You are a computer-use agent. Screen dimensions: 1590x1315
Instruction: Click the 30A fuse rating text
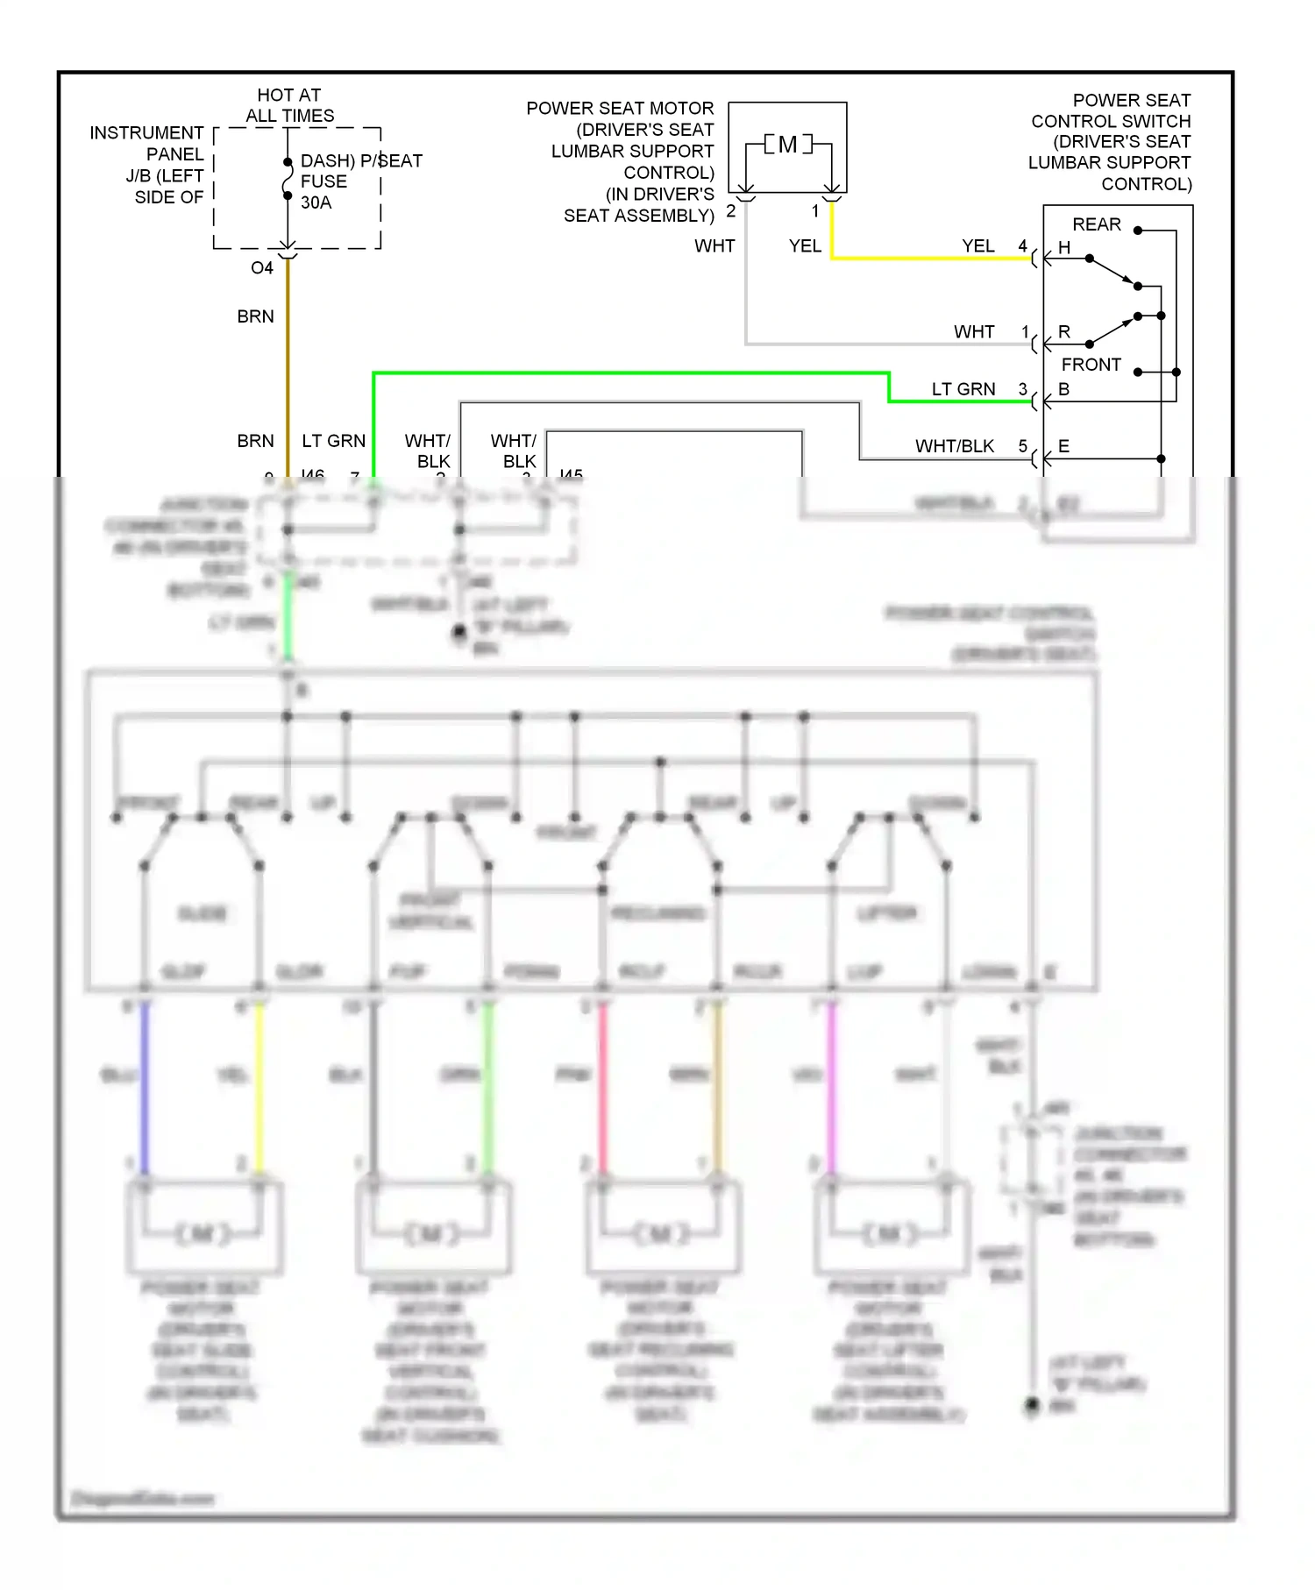(x=316, y=202)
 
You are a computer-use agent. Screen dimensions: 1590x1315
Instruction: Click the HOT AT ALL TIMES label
(x=289, y=105)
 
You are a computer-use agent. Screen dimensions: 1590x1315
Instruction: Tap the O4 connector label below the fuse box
(x=261, y=268)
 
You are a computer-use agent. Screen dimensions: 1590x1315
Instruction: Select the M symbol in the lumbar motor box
(x=787, y=145)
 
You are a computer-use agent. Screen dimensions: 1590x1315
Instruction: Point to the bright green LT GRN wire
(x=631, y=374)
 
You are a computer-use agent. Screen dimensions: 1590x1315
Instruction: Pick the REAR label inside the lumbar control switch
(x=1096, y=224)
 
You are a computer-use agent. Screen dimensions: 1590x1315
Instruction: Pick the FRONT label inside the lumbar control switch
(x=1091, y=365)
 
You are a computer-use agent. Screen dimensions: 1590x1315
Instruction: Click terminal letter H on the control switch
(x=1064, y=248)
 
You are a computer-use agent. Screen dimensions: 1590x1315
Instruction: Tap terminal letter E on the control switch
(x=1063, y=446)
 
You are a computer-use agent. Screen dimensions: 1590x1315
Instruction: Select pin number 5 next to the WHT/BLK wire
(x=1022, y=446)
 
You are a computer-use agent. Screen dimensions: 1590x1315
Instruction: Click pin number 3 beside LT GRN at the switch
(x=1022, y=389)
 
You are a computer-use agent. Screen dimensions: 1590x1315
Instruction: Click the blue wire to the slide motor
(x=145, y=1087)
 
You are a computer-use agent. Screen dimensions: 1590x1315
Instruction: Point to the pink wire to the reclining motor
(x=603, y=1087)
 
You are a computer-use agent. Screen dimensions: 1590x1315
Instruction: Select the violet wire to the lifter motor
(x=832, y=1087)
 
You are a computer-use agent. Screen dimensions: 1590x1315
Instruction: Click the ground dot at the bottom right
(x=1033, y=1405)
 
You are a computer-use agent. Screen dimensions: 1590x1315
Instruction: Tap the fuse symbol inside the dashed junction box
(x=288, y=180)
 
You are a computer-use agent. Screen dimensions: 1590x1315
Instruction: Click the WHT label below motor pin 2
(x=714, y=246)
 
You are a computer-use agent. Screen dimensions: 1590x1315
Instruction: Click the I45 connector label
(x=571, y=474)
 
